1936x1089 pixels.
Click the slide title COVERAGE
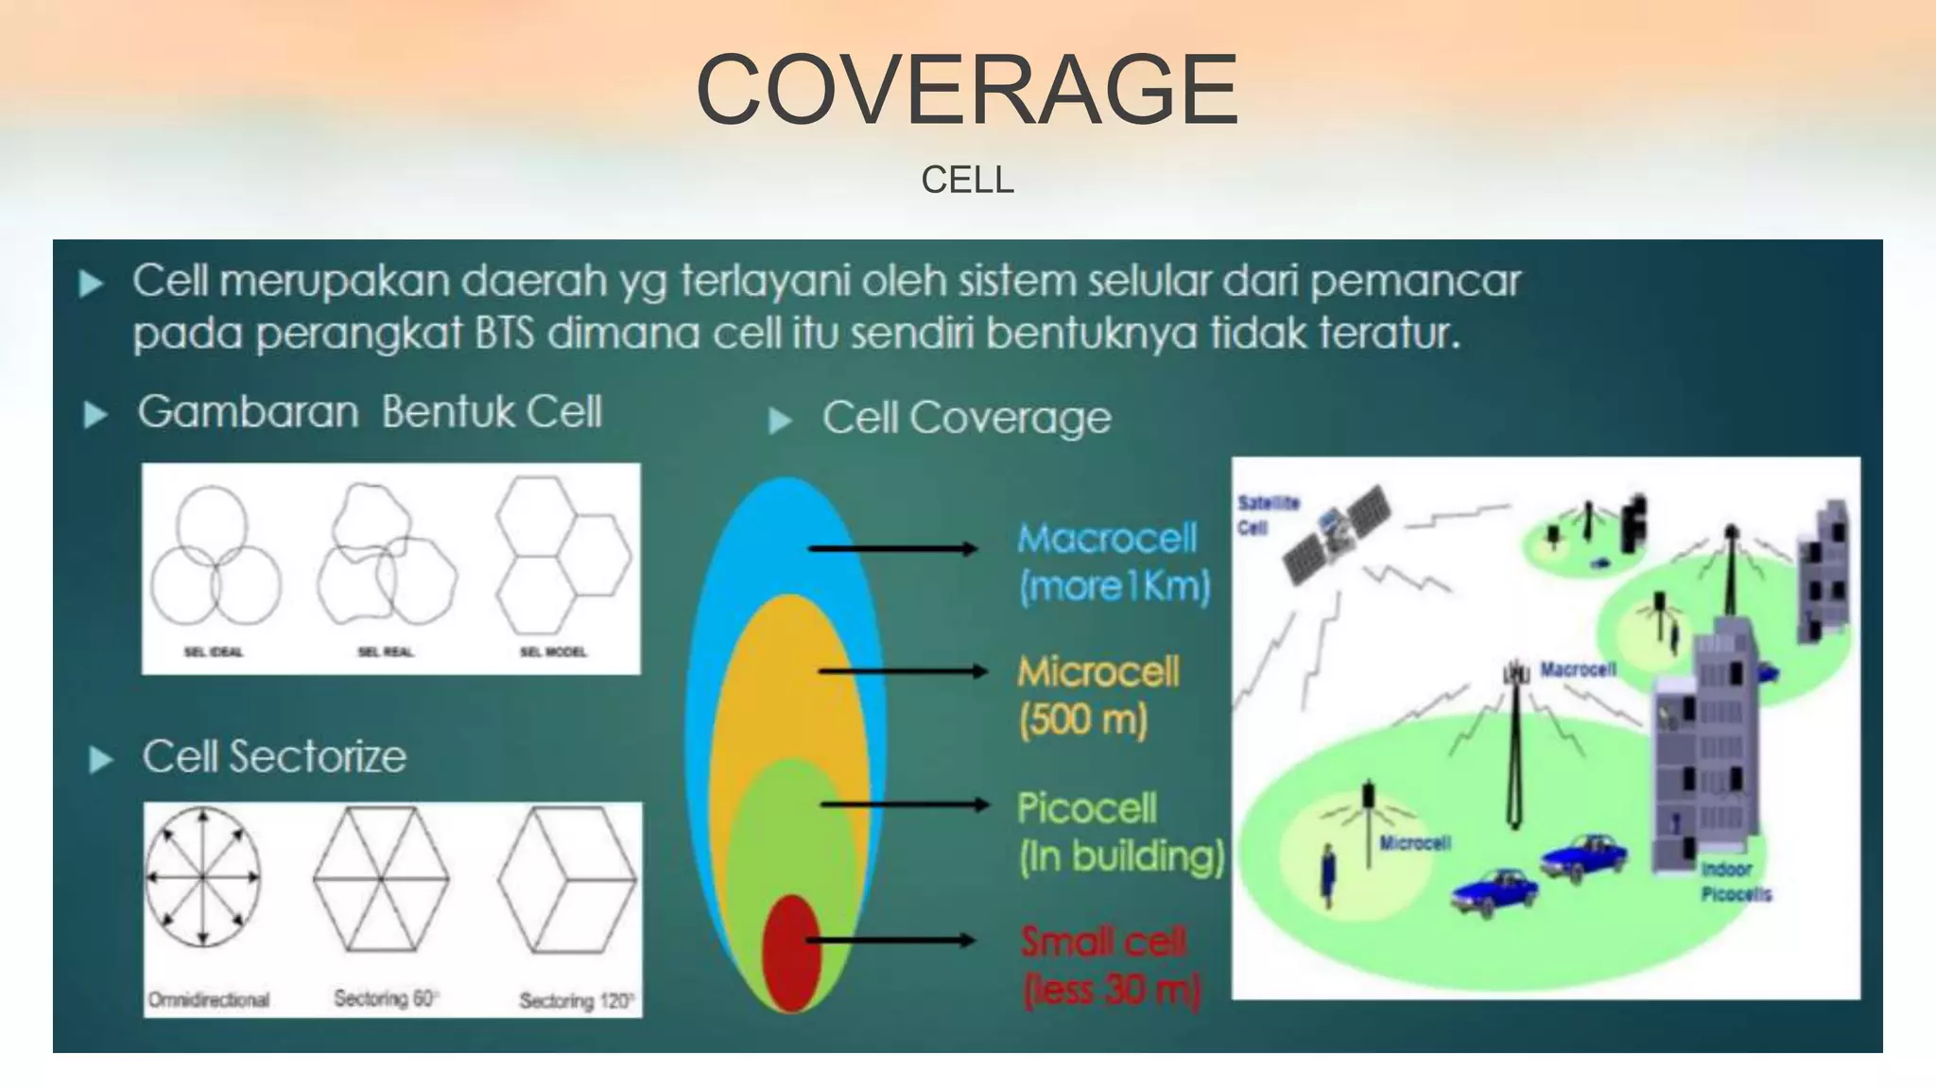click(967, 90)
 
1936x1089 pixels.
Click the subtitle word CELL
click(967, 180)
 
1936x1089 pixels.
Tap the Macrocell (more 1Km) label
click(1113, 562)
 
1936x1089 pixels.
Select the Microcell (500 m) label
click(1097, 696)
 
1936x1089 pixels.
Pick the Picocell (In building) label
click(1120, 832)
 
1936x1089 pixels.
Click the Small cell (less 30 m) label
click(1110, 966)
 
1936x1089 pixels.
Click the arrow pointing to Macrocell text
click(892, 548)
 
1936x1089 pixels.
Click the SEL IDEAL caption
click(213, 651)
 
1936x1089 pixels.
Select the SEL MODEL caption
click(553, 651)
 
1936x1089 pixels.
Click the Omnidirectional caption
click(209, 999)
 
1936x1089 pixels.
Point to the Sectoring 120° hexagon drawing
click(567, 879)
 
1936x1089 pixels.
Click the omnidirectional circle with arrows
click(203, 877)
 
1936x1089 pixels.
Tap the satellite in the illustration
click(1336, 534)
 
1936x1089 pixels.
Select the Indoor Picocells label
click(1736, 881)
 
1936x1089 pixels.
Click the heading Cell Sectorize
click(274, 756)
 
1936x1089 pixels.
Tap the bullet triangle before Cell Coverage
click(780, 421)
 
